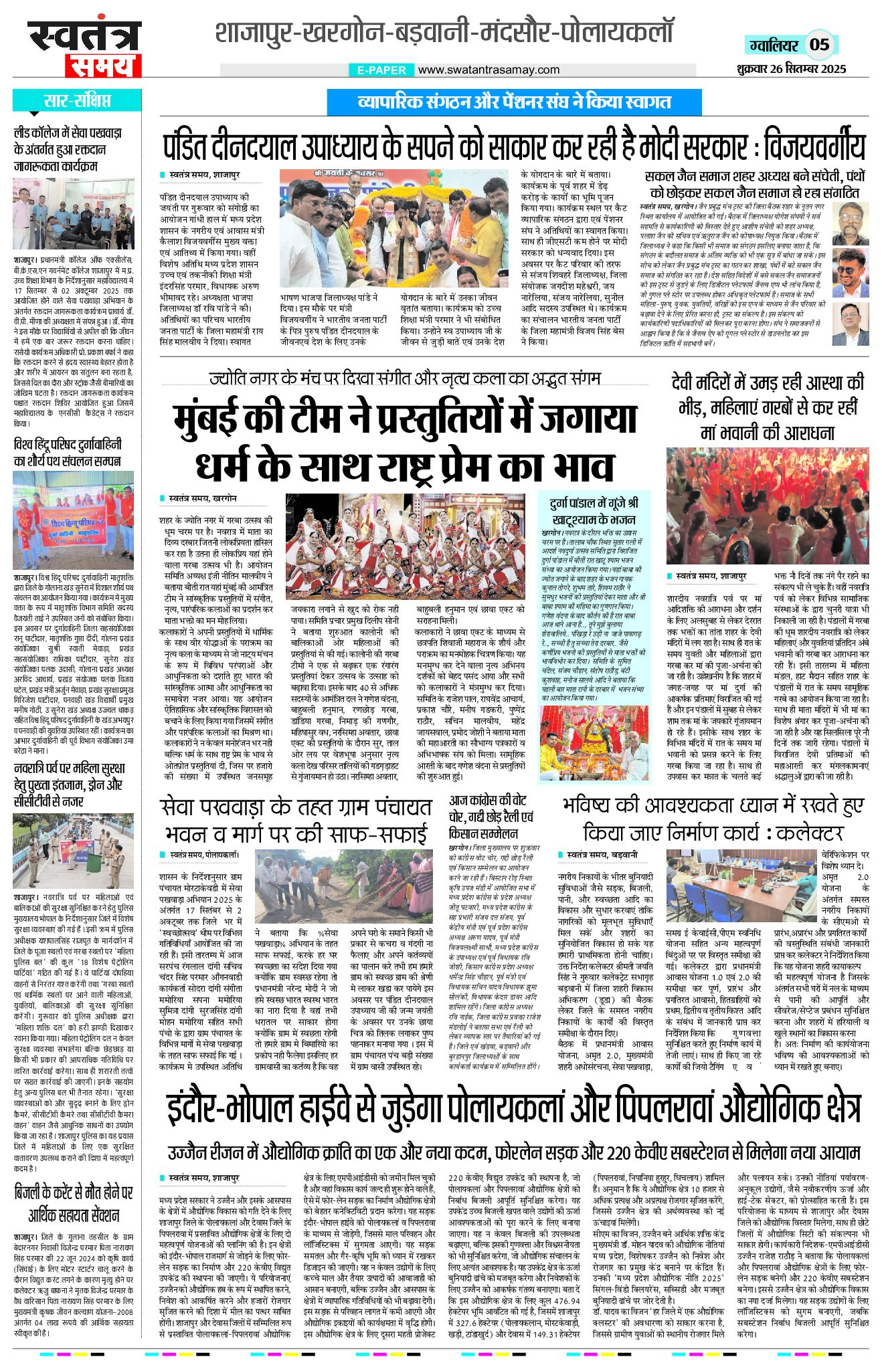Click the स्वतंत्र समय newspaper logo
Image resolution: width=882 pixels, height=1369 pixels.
pos(84,48)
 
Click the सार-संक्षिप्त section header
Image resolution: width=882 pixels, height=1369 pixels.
pos(76,102)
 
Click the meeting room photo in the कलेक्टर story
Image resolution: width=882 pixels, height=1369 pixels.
pos(741,887)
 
